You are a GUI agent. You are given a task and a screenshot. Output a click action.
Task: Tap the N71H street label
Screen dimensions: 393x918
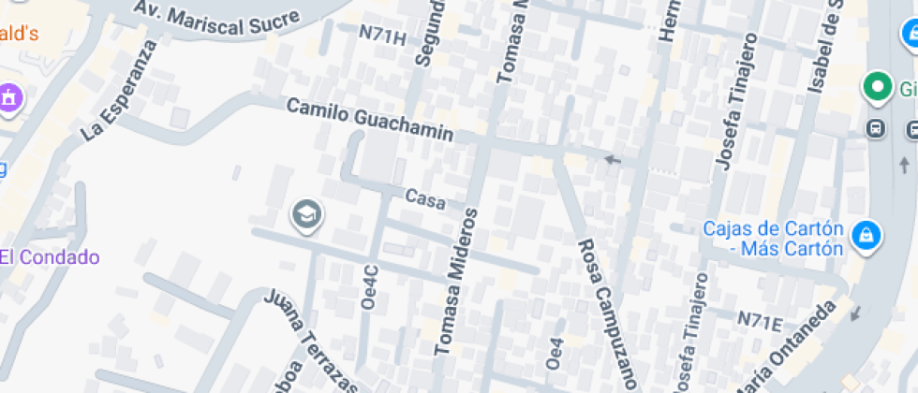pos(383,36)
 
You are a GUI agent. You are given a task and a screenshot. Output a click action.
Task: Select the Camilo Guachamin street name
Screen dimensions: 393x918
pos(370,121)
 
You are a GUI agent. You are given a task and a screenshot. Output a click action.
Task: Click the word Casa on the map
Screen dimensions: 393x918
pos(425,198)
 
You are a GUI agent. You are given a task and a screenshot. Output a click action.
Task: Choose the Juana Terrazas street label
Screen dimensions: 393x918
pos(312,342)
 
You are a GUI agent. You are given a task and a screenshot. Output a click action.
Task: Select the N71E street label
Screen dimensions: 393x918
pos(759,321)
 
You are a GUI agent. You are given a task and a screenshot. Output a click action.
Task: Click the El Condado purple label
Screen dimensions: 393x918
pos(50,257)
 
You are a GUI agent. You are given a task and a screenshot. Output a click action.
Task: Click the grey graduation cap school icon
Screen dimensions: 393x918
pos(306,215)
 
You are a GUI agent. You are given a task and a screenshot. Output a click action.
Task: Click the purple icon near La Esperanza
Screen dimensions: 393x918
pos(9,96)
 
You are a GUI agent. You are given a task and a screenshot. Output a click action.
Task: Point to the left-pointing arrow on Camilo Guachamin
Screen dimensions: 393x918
pos(613,159)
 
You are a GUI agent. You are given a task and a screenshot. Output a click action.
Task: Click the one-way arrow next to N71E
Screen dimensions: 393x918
pos(854,313)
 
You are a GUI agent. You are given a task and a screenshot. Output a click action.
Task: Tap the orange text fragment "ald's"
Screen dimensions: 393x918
pos(19,34)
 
